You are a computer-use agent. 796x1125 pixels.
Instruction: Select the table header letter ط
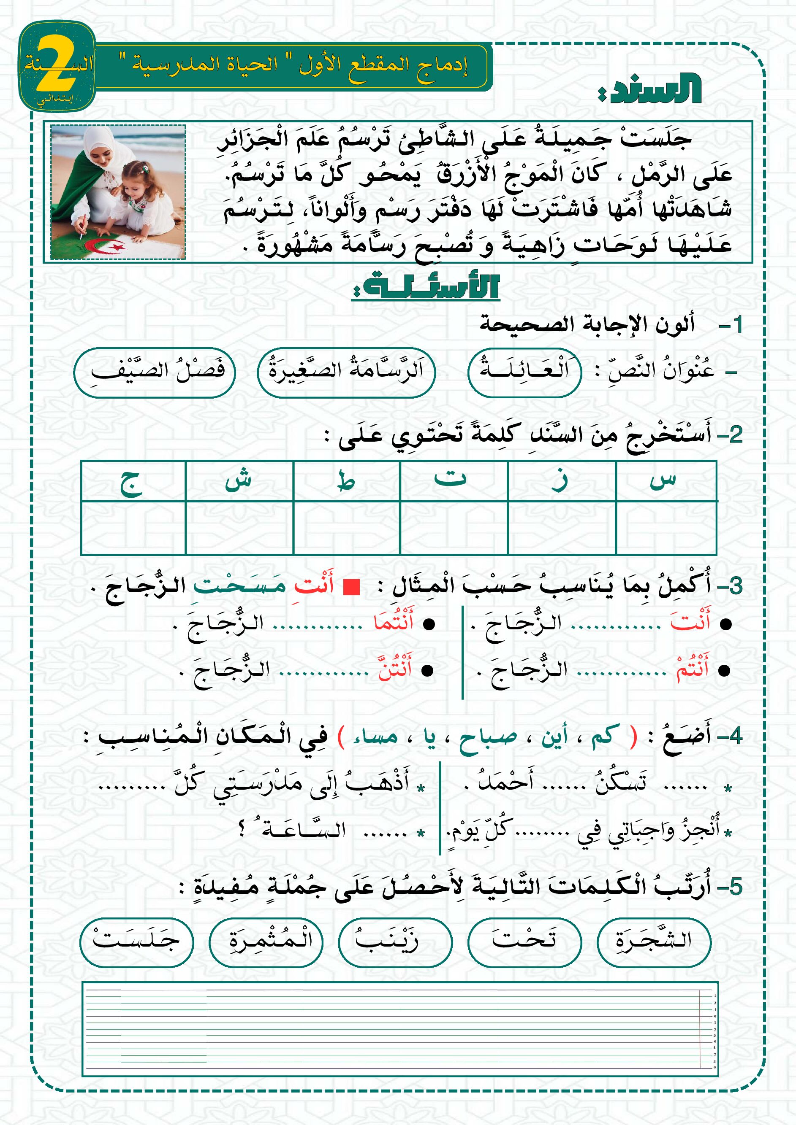(x=346, y=482)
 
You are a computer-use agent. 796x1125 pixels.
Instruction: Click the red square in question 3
(x=351, y=586)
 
